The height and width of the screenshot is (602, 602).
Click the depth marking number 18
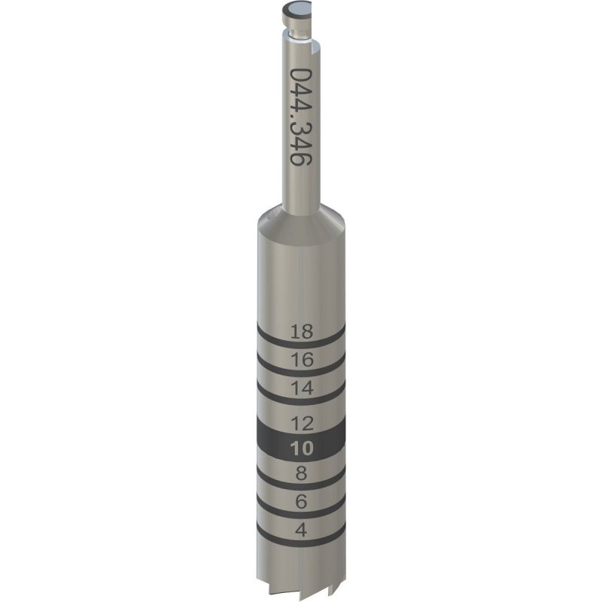301,330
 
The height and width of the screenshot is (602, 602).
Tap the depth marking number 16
301,360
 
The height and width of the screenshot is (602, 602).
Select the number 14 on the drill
301,388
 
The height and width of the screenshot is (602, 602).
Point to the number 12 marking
301,423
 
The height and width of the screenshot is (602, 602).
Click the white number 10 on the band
301,448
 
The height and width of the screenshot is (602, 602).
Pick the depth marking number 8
301,473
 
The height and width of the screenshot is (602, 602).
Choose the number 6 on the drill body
301,501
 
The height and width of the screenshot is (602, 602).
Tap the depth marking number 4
301,530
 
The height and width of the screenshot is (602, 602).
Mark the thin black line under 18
301,344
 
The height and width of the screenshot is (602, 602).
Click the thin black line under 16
301,373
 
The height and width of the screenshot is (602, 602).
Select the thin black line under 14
301,402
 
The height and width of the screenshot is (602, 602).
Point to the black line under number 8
301,487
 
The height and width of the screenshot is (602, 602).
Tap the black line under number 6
301,515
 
